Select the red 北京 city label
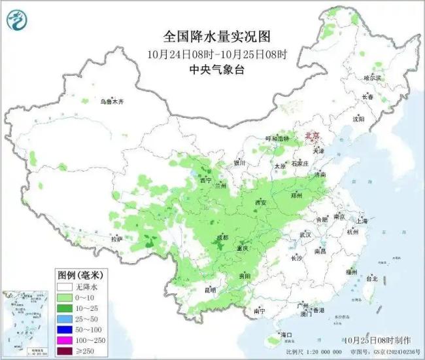click(313, 135)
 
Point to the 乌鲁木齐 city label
click(111, 101)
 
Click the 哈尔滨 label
click(371, 77)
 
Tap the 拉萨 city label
click(116, 240)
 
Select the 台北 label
click(371, 278)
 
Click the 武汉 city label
click(305, 234)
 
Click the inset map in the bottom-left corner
click(26, 323)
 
